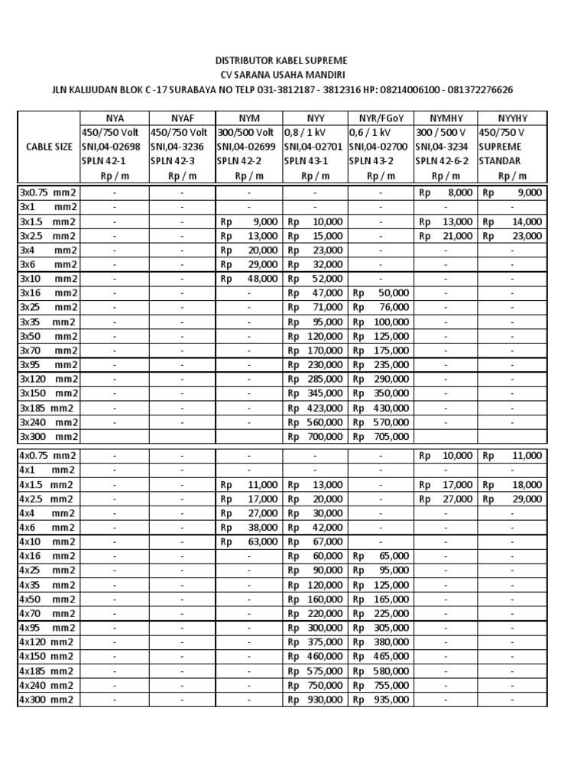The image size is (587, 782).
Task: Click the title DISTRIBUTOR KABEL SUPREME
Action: [293, 60]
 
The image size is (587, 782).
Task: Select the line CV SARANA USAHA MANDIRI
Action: [293, 75]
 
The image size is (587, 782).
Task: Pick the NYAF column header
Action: [182, 118]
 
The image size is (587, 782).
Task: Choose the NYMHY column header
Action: [446, 118]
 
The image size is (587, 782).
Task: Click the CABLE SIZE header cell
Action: [48, 146]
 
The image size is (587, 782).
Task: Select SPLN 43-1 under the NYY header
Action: [306, 161]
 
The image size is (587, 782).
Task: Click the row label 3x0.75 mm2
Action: [48, 193]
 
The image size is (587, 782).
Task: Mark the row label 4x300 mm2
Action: [48, 700]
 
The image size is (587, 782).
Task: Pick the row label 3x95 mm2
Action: [48, 365]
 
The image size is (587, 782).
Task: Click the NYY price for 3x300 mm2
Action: [316, 437]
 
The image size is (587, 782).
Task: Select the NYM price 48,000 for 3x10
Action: [249, 279]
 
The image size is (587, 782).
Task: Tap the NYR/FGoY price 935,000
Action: [381, 700]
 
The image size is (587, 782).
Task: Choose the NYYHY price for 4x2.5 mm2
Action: [511, 499]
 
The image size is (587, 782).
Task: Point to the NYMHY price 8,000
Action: [446, 193]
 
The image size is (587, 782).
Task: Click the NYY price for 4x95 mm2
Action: [316, 628]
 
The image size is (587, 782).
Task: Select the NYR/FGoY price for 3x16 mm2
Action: [381, 293]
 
